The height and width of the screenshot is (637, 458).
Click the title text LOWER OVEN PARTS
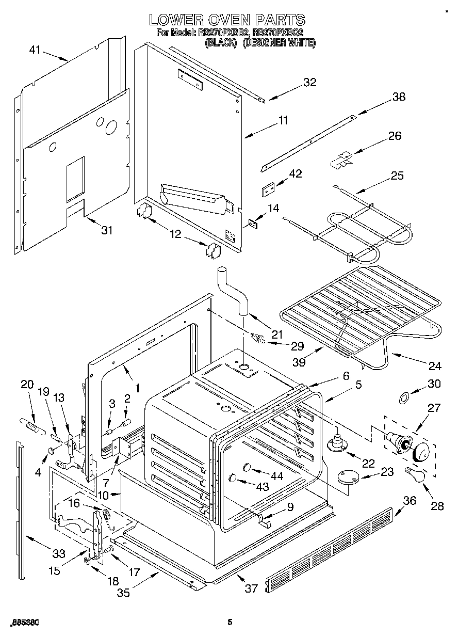tap(227, 20)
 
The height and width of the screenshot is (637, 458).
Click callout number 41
tap(35, 50)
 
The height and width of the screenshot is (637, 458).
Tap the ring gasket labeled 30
tap(404, 397)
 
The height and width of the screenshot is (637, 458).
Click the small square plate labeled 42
tap(268, 190)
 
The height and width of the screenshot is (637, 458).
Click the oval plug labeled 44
tap(247, 468)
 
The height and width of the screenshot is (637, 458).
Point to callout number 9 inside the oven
tap(290, 507)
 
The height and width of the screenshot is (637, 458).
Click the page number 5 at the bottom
tap(230, 623)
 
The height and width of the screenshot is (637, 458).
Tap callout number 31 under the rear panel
tap(106, 230)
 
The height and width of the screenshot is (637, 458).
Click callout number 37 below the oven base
tap(251, 588)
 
